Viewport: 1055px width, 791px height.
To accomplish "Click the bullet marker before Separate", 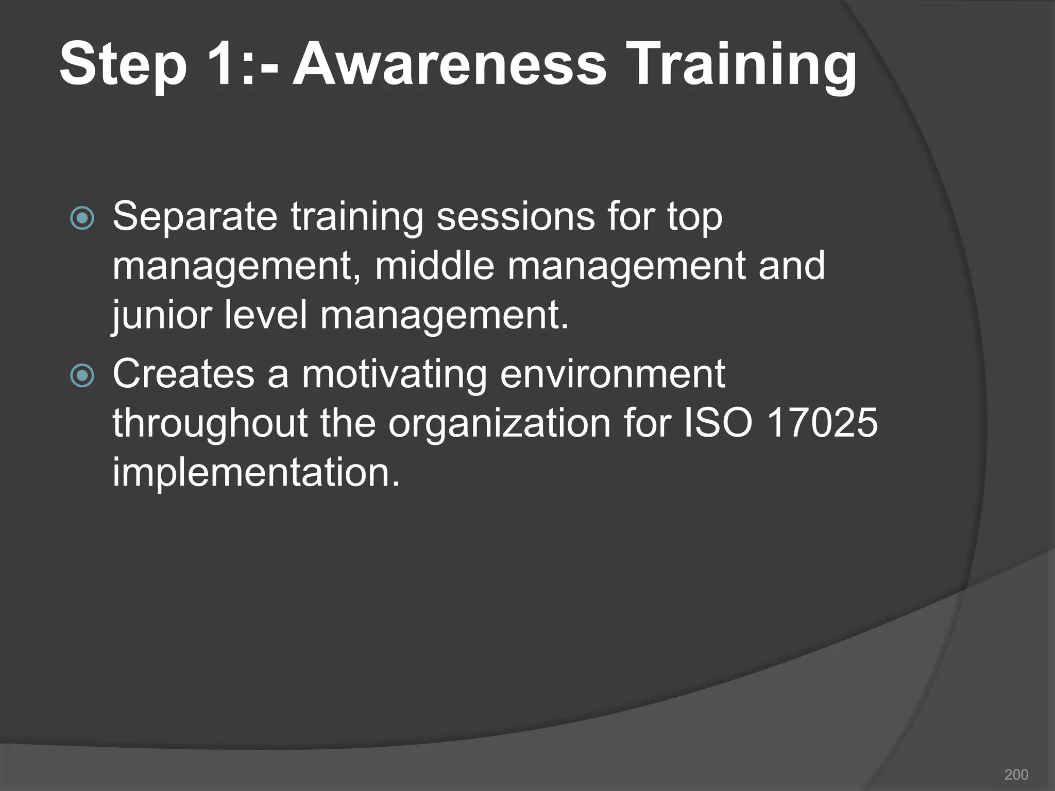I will [82, 218].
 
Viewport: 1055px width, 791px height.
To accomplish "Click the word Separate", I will [195, 217].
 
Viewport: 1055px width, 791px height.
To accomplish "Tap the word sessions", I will [515, 216].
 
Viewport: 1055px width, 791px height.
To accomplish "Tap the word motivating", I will [394, 374].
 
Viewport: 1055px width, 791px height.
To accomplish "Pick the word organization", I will [499, 423].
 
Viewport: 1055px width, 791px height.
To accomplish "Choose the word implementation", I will [256, 472].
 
